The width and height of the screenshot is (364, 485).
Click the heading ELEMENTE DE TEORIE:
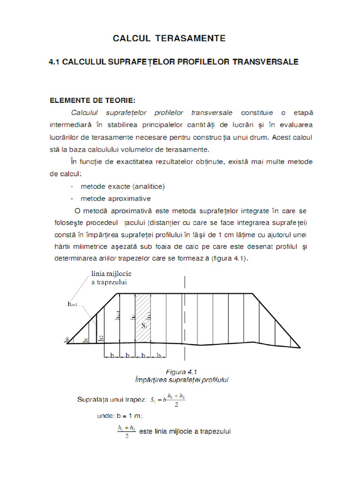pyautogui.click(x=93, y=100)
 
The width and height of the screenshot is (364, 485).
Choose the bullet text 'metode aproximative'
pyautogui.click(x=115, y=198)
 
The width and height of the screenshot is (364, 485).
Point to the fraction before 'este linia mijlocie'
pyautogui.click(x=127, y=431)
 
